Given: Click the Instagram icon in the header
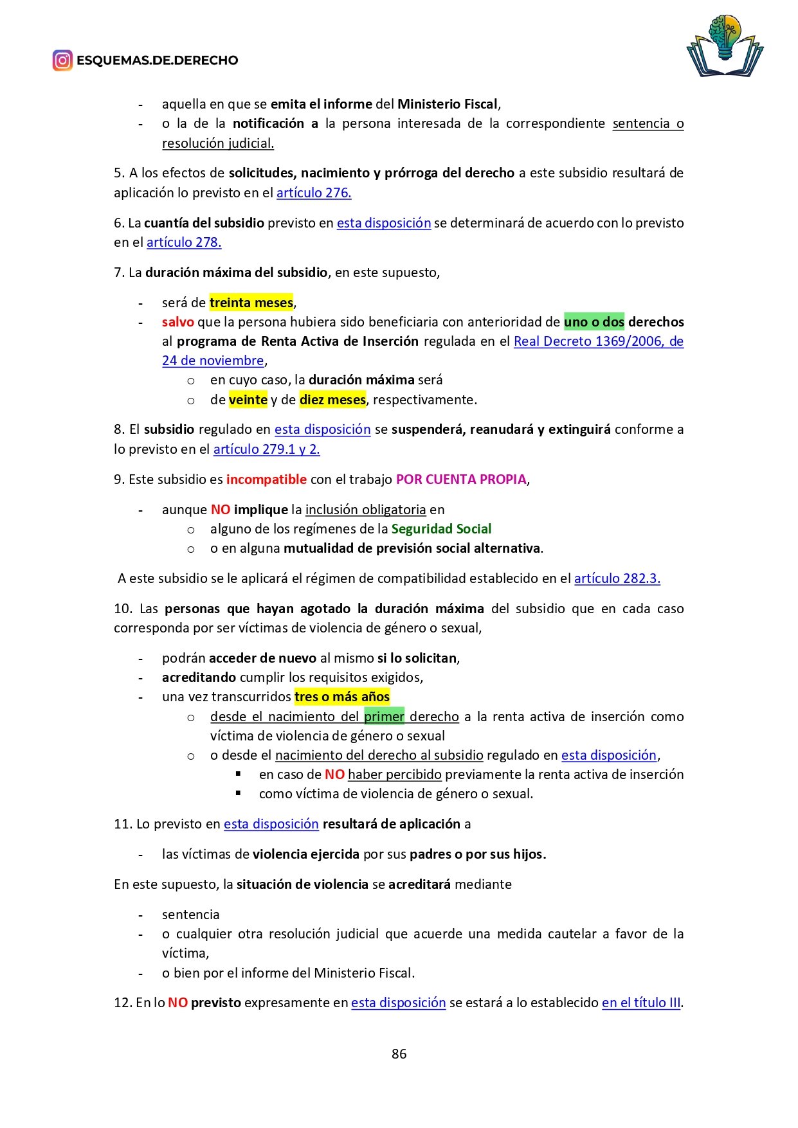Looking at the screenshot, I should coord(62,60).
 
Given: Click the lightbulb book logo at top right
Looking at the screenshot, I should coord(725,45).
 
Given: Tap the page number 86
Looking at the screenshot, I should coord(399,1053).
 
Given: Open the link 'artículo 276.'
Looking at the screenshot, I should coord(314,193).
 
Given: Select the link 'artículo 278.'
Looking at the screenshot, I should coord(184,242).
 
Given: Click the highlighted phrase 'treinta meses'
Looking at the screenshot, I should coord(251,302).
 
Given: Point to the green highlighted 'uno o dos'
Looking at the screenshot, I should coord(594,321).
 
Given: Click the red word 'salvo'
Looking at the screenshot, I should coord(178,321).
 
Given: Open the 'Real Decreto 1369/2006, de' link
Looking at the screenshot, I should coord(598,341).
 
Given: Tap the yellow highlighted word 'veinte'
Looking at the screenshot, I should coord(248,399).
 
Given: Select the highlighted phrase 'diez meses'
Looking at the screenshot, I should coord(332,399).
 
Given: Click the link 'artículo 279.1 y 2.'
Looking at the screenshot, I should coord(266,449).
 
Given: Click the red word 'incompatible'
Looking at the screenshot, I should coord(266,479).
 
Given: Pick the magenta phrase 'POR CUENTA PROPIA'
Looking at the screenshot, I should coord(461,479).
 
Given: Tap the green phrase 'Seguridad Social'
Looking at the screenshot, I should coord(441,528).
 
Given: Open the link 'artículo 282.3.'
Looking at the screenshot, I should coord(617,578).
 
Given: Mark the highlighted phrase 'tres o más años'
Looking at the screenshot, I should coord(342,697).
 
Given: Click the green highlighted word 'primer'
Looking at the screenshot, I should coord(384,716).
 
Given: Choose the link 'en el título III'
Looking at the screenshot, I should coord(641,1002).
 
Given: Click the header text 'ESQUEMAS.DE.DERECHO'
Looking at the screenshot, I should coord(158,60).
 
